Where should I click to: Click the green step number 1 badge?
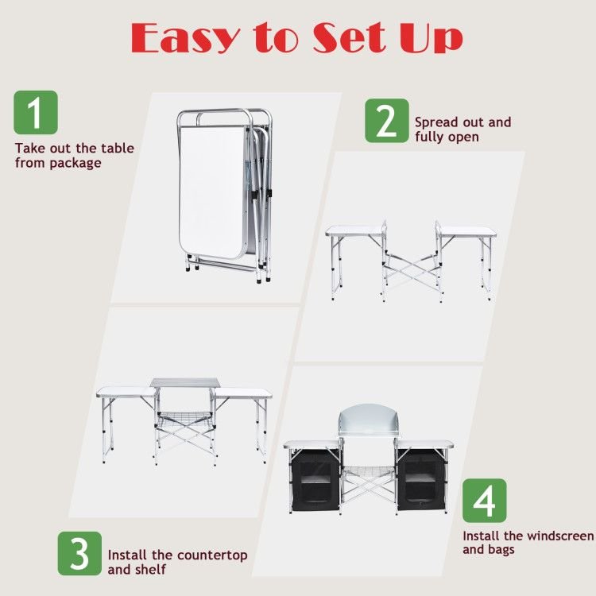36,113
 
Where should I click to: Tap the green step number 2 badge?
387,121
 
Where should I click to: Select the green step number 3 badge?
79,553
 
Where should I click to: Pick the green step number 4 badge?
485,501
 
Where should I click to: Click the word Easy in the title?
185,38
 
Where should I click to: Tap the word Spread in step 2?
435,123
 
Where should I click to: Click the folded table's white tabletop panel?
212,192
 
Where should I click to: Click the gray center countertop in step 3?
185,383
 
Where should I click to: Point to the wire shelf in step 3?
184,420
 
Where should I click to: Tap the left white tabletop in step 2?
354,230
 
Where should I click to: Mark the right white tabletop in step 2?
467,231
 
